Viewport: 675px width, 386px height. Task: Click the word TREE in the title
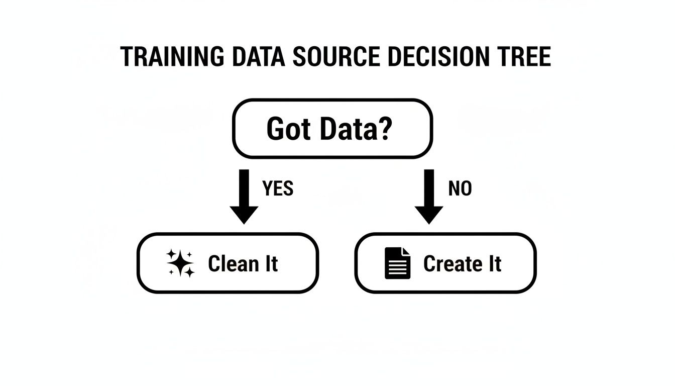click(x=528, y=57)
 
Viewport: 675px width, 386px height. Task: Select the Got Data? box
click(x=332, y=129)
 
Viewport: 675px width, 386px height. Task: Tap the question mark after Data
click(x=384, y=129)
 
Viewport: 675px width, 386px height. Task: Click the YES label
click(x=278, y=188)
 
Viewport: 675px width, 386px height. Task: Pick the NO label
click(x=460, y=188)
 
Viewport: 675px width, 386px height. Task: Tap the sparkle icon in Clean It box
click(x=180, y=263)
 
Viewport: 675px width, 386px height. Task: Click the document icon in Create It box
click(x=397, y=263)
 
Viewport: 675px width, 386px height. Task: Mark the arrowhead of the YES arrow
click(x=244, y=214)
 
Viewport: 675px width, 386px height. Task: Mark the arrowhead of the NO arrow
click(x=428, y=214)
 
